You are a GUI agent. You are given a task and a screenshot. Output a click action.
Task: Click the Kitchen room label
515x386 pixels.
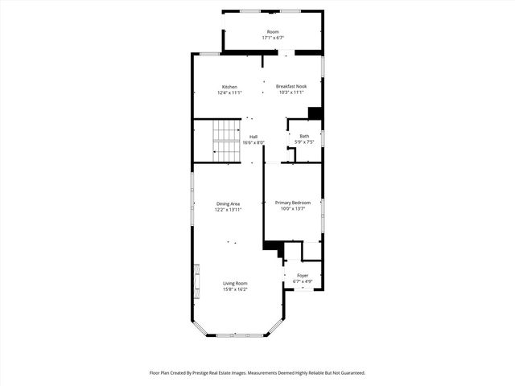pyautogui.click(x=229, y=87)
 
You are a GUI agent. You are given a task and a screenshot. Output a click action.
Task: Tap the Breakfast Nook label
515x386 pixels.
pyautogui.click(x=291, y=87)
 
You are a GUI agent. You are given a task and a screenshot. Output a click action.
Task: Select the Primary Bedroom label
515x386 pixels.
pyautogui.click(x=293, y=203)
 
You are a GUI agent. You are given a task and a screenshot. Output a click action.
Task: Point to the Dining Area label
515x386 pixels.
pyautogui.click(x=228, y=203)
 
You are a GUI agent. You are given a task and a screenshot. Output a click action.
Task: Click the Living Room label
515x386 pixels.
pyautogui.click(x=235, y=283)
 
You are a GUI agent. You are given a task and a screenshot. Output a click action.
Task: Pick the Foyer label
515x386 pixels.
pyautogui.click(x=303, y=276)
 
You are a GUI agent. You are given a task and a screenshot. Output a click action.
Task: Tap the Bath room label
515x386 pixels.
pyautogui.click(x=304, y=136)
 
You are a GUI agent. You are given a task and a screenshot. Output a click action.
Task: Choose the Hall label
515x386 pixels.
pyautogui.click(x=253, y=137)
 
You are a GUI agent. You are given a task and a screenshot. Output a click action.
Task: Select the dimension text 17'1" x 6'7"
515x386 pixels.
pyautogui.click(x=274, y=38)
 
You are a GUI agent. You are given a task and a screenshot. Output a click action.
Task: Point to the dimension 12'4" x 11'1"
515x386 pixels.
pyautogui.click(x=229, y=92)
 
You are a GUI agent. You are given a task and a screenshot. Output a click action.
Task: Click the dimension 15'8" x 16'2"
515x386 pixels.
pyautogui.click(x=235, y=289)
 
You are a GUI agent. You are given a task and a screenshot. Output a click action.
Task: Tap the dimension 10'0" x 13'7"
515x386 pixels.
pyautogui.click(x=293, y=209)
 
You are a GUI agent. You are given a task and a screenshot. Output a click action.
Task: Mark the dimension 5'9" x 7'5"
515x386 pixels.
pyautogui.click(x=304, y=142)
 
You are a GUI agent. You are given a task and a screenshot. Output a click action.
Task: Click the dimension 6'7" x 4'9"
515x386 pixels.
pyautogui.click(x=303, y=281)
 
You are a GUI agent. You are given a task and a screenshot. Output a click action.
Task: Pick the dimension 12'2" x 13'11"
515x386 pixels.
pyautogui.click(x=228, y=209)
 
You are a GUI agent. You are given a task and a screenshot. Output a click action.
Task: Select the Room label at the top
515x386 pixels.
pyautogui.click(x=274, y=32)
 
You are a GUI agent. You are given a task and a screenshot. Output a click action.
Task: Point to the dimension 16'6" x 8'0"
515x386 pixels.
pyautogui.click(x=253, y=142)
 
